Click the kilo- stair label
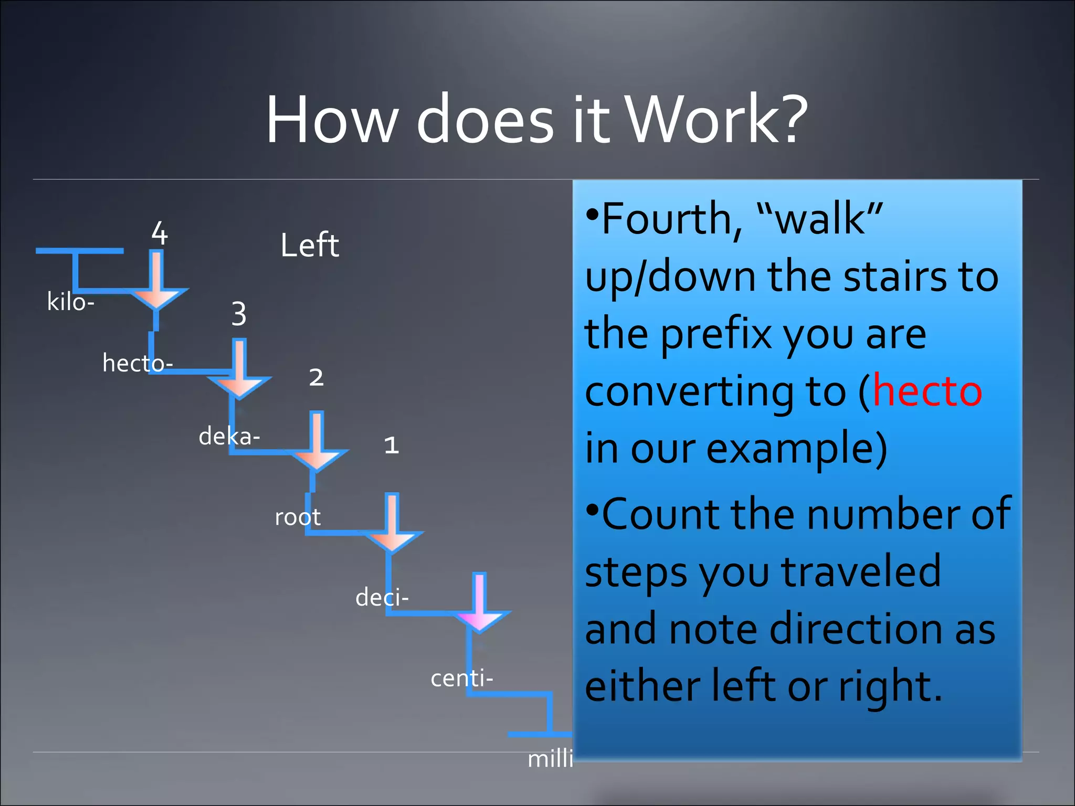(x=70, y=302)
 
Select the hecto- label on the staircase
(x=137, y=363)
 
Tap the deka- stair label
(x=229, y=436)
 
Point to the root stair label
(x=298, y=517)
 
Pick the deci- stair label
(x=382, y=598)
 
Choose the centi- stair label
(x=461, y=678)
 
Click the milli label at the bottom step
(x=550, y=759)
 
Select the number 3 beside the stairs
(x=239, y=314)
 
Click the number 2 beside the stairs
(x=316, y=377)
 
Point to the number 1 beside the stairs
(x=392, y=446)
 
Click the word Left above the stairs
(x=310, y=245)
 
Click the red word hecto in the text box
(x=927, y=391)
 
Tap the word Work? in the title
(x=717, y=120)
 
